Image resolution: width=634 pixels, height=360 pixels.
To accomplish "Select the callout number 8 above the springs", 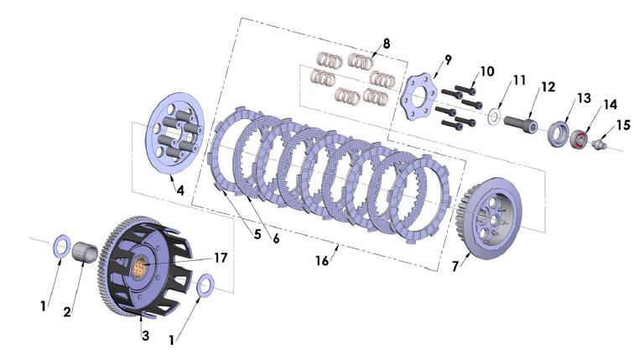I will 386,42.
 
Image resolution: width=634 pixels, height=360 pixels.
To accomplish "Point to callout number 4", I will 179,190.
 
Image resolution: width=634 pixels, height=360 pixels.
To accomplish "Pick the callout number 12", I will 548,86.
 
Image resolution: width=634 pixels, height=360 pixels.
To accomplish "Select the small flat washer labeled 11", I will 496,116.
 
